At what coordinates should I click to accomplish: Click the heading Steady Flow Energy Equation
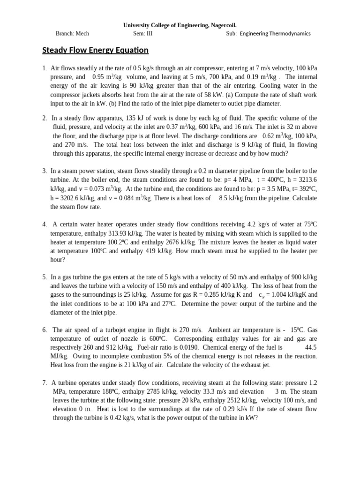95,50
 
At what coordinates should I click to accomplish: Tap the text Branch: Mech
72,34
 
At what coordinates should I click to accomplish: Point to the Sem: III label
142,34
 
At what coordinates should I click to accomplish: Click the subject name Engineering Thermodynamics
275,34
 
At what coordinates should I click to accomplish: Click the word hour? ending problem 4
58,260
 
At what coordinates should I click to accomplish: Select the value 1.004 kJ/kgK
286,295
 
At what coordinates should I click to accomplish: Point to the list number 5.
44,277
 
